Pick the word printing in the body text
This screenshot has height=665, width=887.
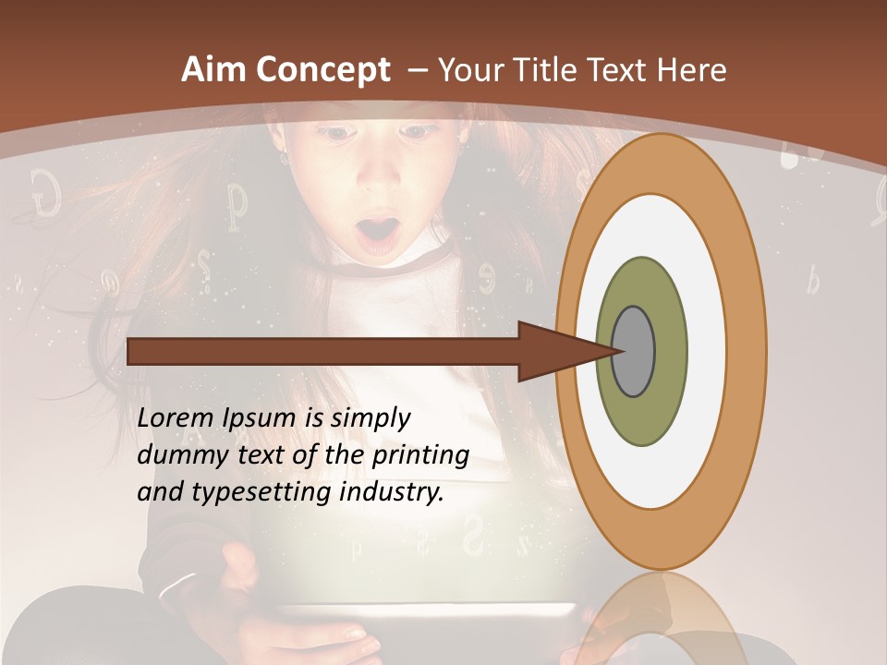[419, 456]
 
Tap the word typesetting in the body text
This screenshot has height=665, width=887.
[254, 493]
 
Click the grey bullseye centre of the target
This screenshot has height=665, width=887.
[634, 351]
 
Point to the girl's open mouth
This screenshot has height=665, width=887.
[378, 234]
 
